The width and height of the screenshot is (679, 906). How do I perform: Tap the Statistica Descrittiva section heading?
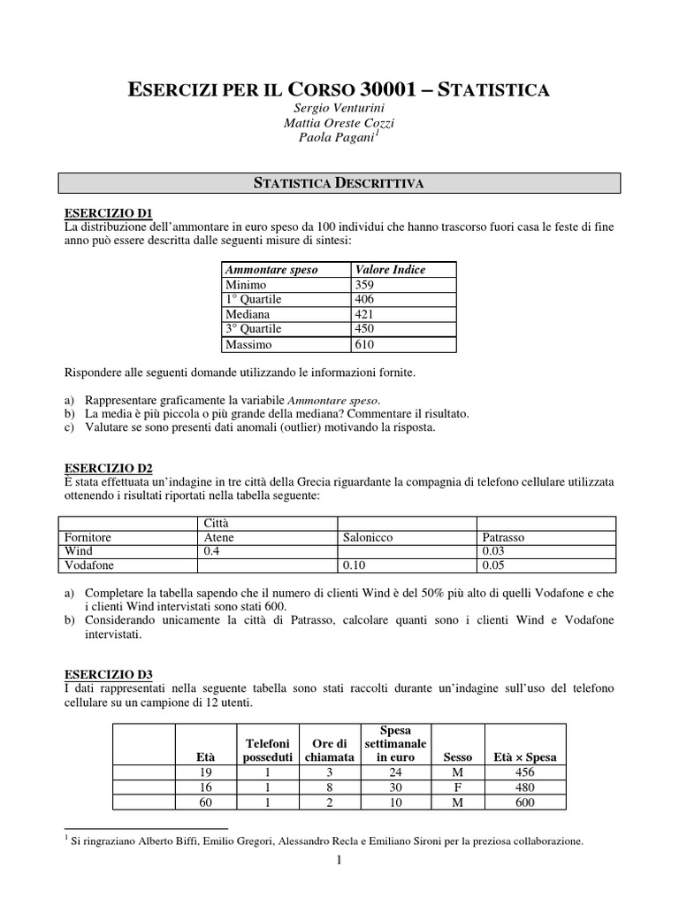tap(339, 183)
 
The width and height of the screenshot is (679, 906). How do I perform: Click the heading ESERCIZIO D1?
tap(110, 212)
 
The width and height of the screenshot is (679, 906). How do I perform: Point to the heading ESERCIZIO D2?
tap(110, 467)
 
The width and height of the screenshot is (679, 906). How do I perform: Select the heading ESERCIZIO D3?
tap(110, 674)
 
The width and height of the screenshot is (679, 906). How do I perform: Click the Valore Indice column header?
tap(389, 270)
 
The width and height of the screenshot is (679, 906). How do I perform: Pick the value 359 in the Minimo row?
tap(364, 285)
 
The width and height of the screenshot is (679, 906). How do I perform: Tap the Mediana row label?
tap(248, 314)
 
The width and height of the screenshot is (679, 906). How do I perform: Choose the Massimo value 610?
tap(364, 344)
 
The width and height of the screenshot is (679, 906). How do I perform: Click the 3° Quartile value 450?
tap(364, 329)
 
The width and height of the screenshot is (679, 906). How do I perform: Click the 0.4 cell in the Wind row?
tap(211, 550)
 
